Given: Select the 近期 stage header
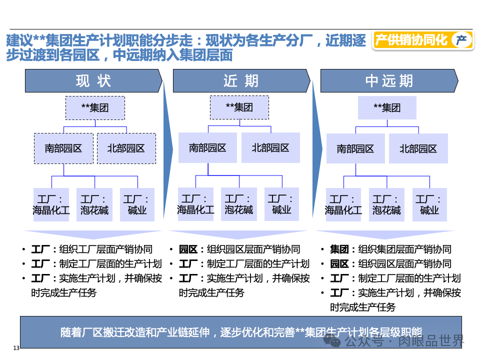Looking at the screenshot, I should pyautogui.click(x=241, y=81).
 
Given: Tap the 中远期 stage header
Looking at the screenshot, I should pyautogui.click(x=389, y=81).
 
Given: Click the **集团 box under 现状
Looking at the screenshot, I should pyautogui.click(x=95, y=108).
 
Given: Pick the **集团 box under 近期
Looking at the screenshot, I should pyautogui.click(x=239, y=107).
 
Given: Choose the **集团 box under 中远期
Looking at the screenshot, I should pyautogui.click(x=387, y=108).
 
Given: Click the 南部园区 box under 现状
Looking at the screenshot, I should pyautogui.click(x=63, y=148).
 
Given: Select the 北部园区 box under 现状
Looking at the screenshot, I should pyautogui.click(x=126, y=148).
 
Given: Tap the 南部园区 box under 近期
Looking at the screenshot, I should pyautogui.click(x=207, y=148).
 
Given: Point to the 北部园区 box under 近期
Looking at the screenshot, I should pyautogui.click(x=270, y=148).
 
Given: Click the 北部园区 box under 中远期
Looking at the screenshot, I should pyautogui.click(x=418, y=149).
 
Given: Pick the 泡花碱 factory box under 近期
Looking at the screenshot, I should pyautogui.click(x=238, y=204).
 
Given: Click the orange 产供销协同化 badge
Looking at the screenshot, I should pyautogui.click(x=423, y=40).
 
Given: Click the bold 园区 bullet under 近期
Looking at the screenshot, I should pyautogui.click(x=188, y=249).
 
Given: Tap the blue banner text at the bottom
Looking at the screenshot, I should pyautogui.click(x=240, y=332).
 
